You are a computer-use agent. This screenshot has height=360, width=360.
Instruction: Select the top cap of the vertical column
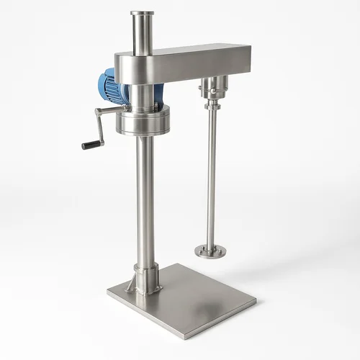[140, 13]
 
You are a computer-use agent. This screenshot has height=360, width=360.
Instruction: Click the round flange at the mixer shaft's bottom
[210, 251]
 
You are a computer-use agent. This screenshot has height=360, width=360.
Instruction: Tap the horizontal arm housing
[194, 61]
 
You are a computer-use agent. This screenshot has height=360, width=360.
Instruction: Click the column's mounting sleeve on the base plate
[146, 277]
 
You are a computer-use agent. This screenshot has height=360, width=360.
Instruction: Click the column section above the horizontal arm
[140, 32]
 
